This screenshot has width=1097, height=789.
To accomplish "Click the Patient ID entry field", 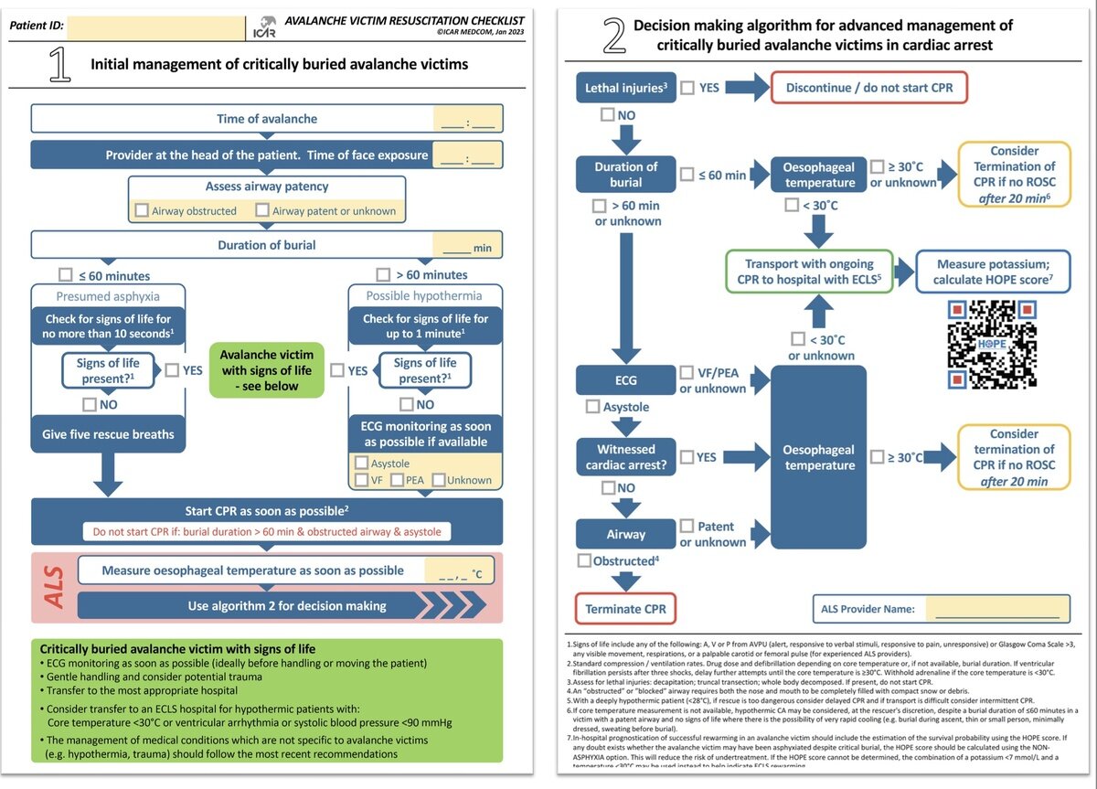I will tap(156, 27).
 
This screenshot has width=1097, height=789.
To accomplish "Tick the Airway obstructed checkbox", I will tap(142, 211).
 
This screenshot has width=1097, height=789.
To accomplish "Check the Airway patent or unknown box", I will tap(262, 211).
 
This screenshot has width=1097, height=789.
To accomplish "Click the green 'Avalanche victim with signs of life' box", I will tap(267, 370).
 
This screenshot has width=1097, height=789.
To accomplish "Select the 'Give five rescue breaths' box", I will tap(108, 434).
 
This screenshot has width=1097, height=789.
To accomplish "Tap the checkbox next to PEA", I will tap(397, 480).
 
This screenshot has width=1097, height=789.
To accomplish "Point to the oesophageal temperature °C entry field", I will tap(463, 570).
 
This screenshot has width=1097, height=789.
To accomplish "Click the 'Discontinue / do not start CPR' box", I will tap(869, 88).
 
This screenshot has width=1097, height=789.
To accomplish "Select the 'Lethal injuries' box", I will tap(626, 88).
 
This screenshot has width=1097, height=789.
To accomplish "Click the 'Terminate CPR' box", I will tap(626, 609).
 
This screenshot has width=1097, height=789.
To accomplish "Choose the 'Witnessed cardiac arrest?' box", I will tap(626, 457).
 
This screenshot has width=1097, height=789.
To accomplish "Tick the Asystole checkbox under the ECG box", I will tap(592, 407).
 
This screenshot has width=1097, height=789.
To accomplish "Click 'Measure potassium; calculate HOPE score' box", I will tap(993, 272).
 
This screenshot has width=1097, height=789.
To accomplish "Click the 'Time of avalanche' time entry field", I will tap(467, 119).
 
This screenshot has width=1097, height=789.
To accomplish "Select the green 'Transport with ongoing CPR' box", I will tap(809, 272).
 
